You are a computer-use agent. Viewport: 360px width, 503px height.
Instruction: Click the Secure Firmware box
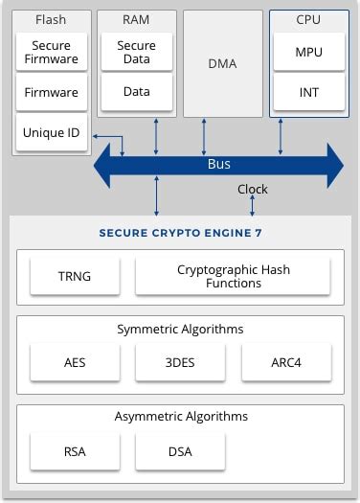click(x=51, y=53)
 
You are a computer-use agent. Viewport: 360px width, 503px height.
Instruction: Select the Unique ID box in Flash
click(x=51, y=132)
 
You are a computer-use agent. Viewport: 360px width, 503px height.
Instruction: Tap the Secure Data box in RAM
click(x=136, y=53)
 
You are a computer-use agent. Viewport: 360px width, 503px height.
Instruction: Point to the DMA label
click(x=222, y=64)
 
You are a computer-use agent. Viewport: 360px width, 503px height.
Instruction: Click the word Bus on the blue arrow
click(x=219, y=164)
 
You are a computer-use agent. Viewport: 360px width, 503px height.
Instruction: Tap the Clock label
click(x=253, y=190)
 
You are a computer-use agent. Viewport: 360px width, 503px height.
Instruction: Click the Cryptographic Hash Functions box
click(x=233, y=277)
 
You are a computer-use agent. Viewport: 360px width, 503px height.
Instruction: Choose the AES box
click(x=75, y=362)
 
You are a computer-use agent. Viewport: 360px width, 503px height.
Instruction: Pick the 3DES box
click(x=180, y=362)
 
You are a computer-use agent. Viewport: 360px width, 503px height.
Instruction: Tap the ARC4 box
click(x=286, y=362)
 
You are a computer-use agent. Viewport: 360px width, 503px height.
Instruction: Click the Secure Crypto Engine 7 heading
click(x=180, y=233)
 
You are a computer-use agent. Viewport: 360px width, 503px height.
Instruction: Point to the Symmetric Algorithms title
click(x=180, y=329)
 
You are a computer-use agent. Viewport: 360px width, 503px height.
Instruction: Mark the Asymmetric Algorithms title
click(x=180, y=416)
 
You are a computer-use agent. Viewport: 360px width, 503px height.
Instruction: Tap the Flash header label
click(x=51, y=19)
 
